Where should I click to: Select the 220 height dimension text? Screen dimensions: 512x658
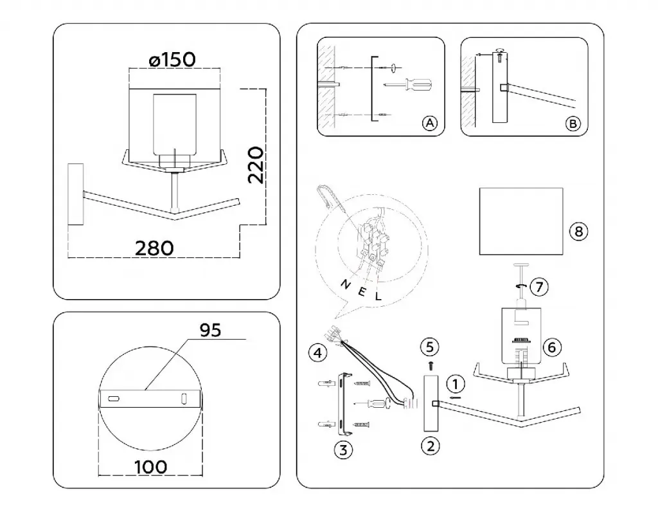255,165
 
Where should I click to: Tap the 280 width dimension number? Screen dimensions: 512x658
154,247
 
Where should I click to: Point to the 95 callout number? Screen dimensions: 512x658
210,330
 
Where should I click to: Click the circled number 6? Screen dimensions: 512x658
551,347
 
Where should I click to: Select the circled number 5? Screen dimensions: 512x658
430,347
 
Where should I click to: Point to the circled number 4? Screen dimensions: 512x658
317,352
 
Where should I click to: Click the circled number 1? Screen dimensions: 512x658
455,384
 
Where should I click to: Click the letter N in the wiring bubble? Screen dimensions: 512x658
344,284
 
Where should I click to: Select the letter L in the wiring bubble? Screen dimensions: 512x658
378,297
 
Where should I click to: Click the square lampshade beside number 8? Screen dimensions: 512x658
521,221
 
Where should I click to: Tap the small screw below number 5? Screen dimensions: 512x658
430,365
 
